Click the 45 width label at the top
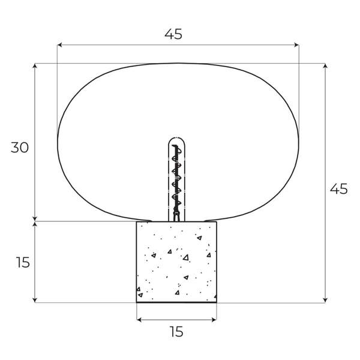pyautogui.click(x=173, y=34)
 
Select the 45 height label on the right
pyautogui.click(x=338, y=189)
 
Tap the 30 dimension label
pyautogui.click(x=20, y=148)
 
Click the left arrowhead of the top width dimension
pyautogui.click(x=59, y=44)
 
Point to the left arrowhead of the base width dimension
pyautogui.click(x=139, y=320)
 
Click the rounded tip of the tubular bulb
pyautogui.click(x=175, y=139)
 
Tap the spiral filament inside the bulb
pyautogui.click(x=176, y=177)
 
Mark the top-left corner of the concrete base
pyautogui.click(x=137, y=222)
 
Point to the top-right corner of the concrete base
pyautogui.click(x=216, y=222)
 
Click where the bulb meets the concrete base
pyautogui.click(x=176, y=221)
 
